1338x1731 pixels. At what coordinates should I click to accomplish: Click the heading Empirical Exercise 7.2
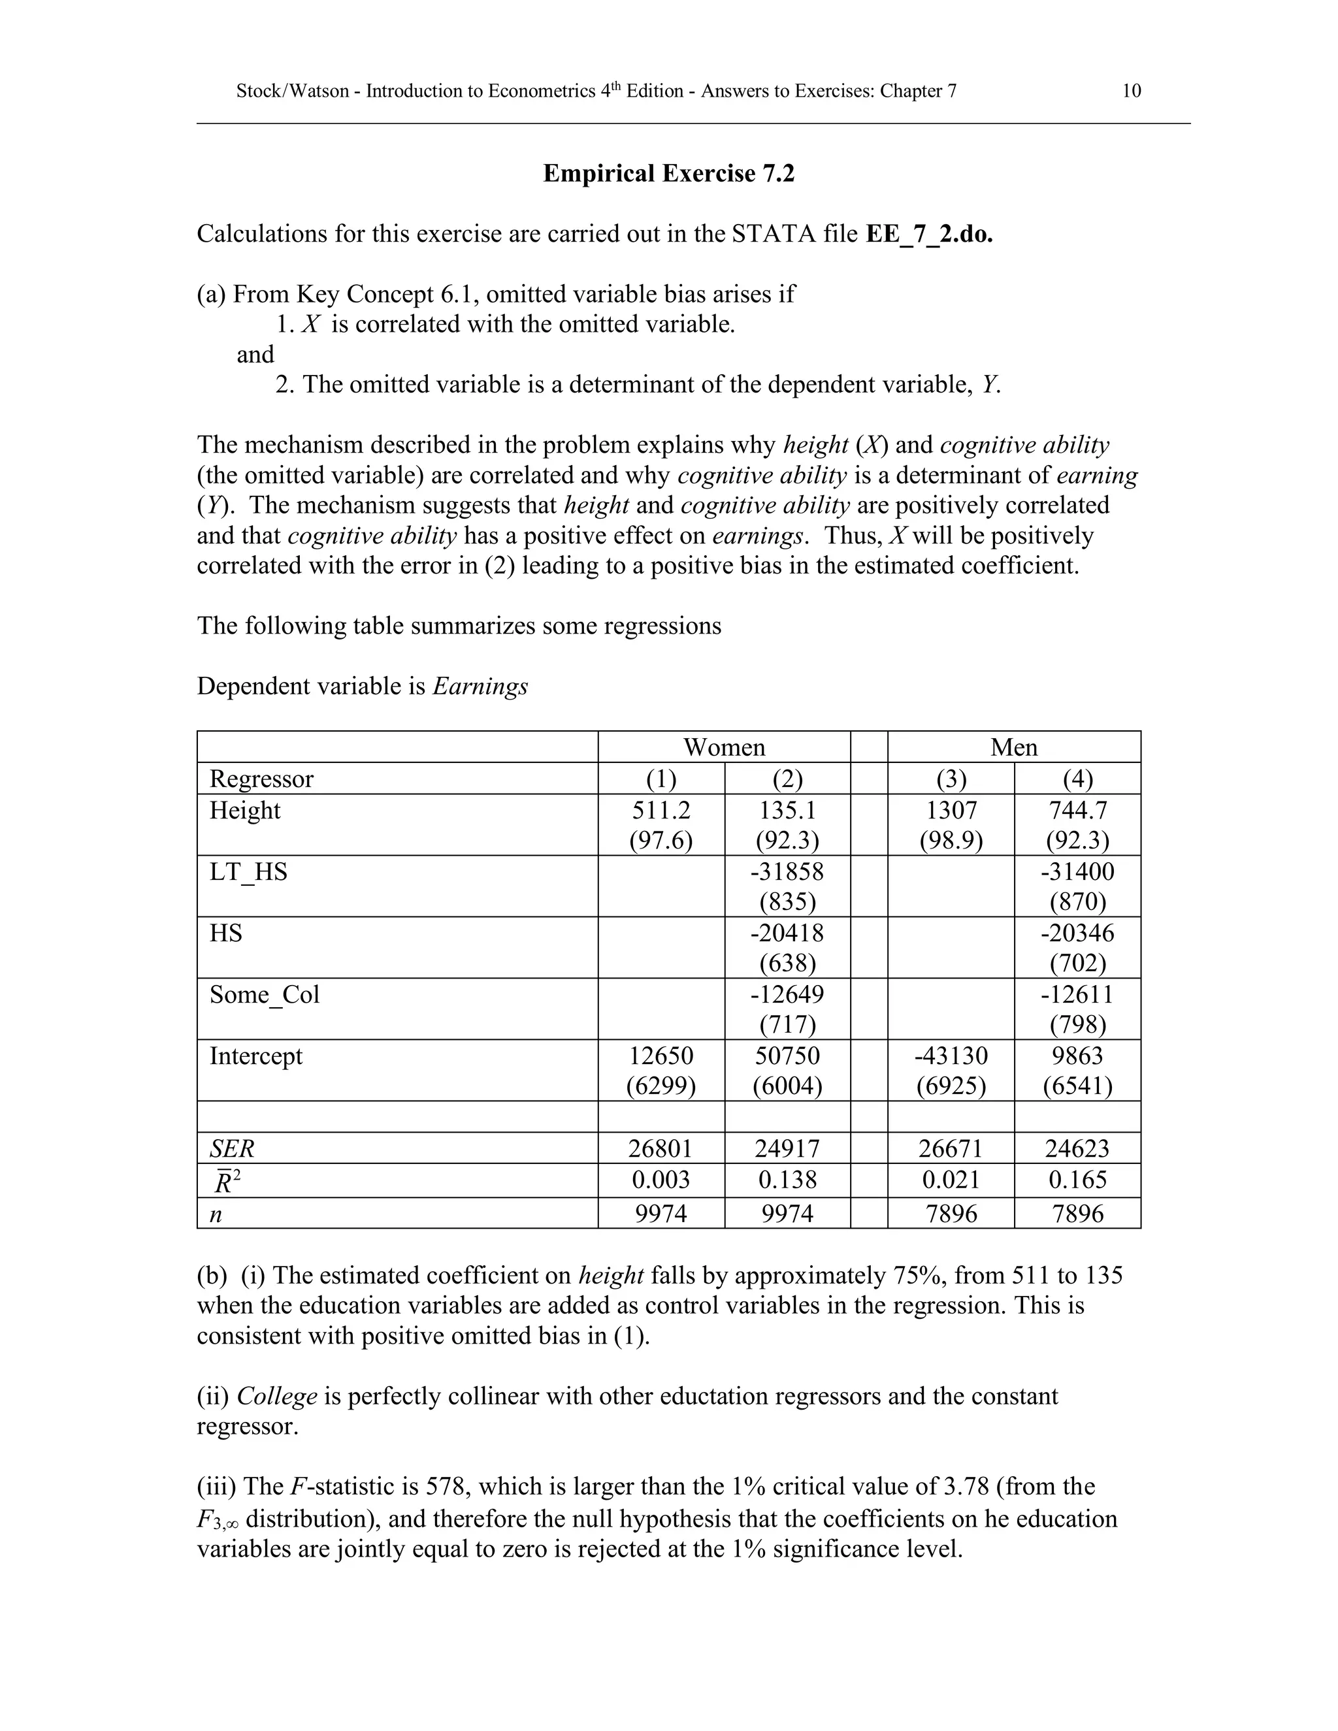668,174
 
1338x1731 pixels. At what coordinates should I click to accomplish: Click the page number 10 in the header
1131,91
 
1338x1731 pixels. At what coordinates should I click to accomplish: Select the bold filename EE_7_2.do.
929,235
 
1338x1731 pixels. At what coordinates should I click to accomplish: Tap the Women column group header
724,747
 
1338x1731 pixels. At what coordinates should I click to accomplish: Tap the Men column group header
1013,747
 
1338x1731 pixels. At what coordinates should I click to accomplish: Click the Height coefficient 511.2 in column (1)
661,810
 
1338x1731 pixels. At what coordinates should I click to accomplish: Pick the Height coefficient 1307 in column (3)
951,810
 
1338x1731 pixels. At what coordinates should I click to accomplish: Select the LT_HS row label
248,872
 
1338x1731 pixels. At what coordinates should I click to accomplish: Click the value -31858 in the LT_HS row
787,872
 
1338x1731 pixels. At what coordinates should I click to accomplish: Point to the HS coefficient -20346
1077,933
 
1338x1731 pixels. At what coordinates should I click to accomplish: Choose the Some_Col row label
264,995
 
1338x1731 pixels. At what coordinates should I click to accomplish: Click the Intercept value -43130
951,1056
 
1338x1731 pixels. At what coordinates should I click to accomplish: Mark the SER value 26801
661,1148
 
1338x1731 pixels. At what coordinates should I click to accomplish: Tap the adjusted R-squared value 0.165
1077,1180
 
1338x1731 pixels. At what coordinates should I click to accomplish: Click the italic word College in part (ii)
276,1396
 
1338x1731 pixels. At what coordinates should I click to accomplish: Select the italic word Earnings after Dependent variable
480,687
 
